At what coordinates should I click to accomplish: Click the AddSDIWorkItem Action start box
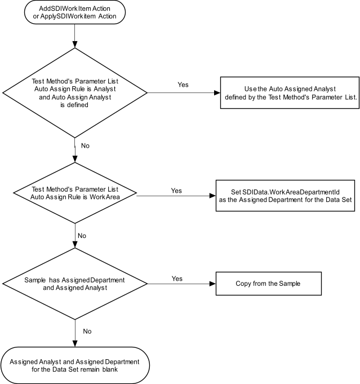coord(75,12)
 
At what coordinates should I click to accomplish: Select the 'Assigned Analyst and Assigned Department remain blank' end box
coord(75,365)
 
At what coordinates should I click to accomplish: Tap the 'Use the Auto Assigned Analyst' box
coord(290,93)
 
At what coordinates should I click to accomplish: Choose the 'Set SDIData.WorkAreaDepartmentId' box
coord(285,196)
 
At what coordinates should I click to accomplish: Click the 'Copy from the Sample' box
coord(269,284)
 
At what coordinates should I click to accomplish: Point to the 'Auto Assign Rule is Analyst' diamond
coord(75,93)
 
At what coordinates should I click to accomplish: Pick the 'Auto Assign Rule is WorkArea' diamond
coord(75,193)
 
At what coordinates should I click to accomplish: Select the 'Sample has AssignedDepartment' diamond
coord(75,284)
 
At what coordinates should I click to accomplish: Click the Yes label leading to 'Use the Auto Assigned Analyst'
coord(183,85)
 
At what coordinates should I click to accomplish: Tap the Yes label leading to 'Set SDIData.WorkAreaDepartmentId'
coord(176,191)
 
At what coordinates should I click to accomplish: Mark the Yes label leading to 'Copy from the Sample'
coord(177,279)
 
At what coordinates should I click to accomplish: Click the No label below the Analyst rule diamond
coord(85,145)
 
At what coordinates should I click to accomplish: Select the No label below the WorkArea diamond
coord(82,236)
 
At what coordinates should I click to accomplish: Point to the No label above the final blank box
coord(87,332)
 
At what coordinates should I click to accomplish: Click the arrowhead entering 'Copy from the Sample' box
coord(212,284)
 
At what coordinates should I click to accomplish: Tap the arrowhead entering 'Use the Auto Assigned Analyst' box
coord(217,93)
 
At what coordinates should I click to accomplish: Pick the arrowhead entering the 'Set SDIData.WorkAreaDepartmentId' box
coord(212,196)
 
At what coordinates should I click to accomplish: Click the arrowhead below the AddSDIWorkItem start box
coord(75,45)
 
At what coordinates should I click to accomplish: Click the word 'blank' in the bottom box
coord(110,369)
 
